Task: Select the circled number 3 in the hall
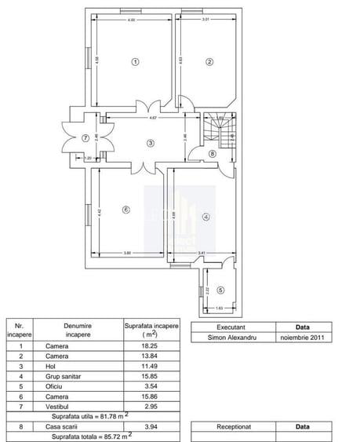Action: click(150, 142)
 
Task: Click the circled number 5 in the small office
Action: click(220, 290)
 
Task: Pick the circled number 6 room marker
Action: click(125, 209)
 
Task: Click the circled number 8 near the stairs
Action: click(212, 154)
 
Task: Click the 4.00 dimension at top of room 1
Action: click(131, 19)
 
